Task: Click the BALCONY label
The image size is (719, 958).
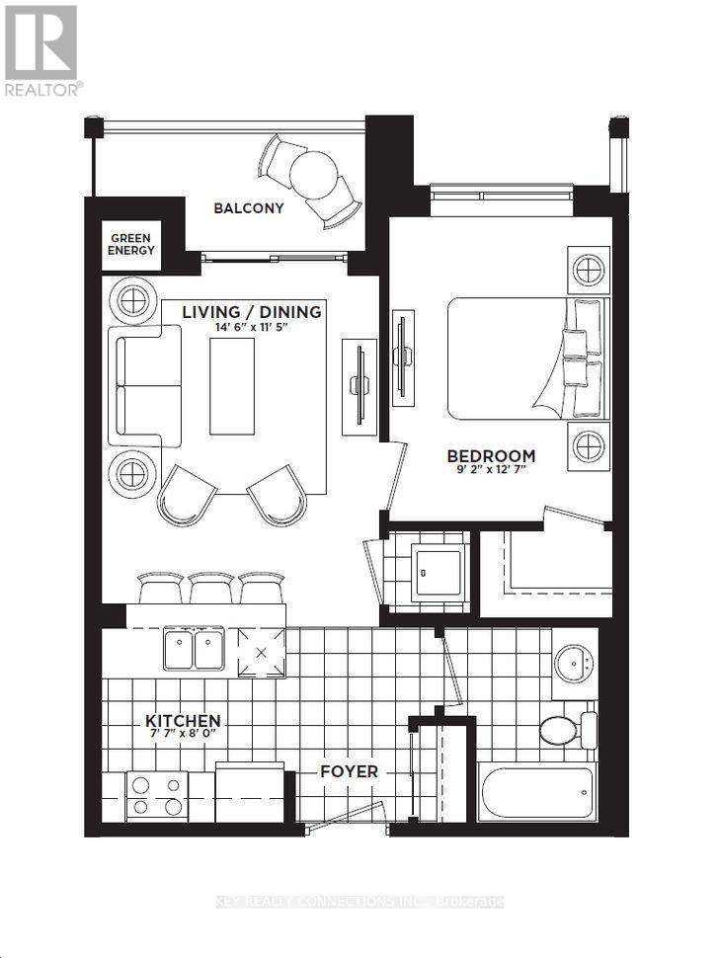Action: tap(249, 208)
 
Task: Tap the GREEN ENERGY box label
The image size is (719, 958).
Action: tap(132, 245)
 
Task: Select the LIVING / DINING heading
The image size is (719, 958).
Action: tap(251, 312)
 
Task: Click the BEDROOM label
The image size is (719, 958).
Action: tap(491, 456)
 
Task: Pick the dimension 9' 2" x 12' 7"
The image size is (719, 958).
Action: tap(491, 472)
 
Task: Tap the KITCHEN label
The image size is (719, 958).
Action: tap(183, 721)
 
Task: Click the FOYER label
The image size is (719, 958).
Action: tap(348, 771)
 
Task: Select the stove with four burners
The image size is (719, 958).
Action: tap(156, 792)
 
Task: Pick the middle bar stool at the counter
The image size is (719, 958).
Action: tap(211, 589)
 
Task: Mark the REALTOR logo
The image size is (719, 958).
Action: tap(41, 49)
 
